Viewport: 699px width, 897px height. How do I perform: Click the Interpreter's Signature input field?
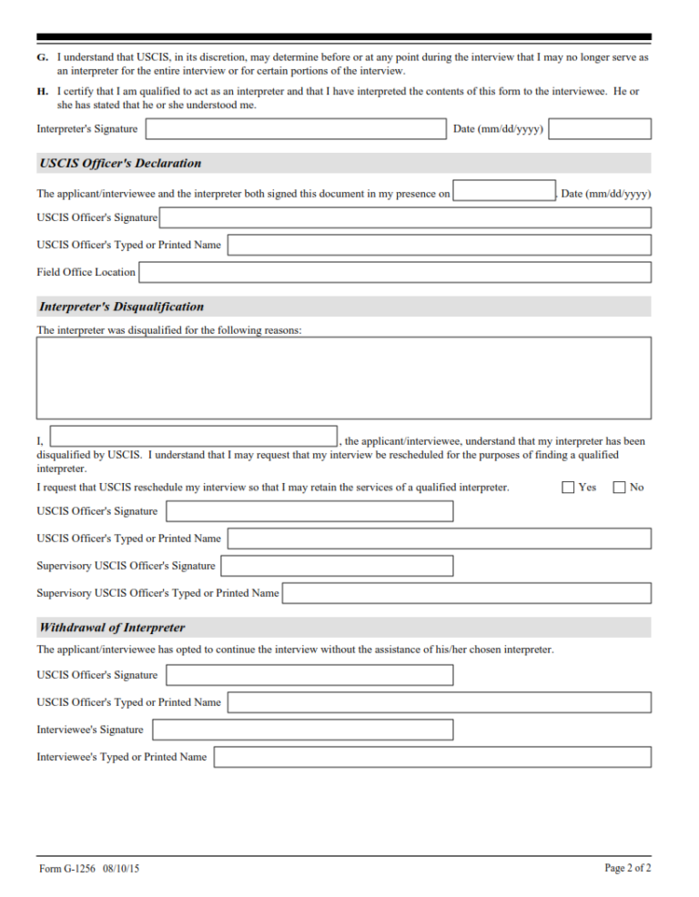click(x=295, y=129)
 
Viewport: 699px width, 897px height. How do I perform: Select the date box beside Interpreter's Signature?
click(x=600, y=129)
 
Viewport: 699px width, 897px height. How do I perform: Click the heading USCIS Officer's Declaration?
click(x=120, y=164)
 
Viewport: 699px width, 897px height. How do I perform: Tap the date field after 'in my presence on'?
click(x=503, y=192)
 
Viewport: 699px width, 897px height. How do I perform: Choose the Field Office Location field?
click(x=395, y=272)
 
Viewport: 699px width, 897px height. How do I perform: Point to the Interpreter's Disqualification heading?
click(x=122, y=307)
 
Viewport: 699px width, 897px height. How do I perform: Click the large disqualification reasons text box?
click(x=343, y=378)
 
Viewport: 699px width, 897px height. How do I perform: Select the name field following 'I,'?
click(x=194, y=437)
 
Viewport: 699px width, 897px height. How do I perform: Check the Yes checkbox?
click(x=568, y=488)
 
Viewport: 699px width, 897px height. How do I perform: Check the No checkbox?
click(x=620, y=488)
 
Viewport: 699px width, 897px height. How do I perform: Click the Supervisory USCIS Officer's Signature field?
click(x=337, y=566)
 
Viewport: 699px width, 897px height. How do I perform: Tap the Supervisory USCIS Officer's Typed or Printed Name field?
click(x=467, y=593)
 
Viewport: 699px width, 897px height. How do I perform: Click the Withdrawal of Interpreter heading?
click(x=112, y=628)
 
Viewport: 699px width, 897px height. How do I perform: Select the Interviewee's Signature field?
click(x=303, y=730)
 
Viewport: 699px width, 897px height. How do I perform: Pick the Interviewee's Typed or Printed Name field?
click(x=432, y=757)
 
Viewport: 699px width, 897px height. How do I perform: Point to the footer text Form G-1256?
click(x=89, y=870)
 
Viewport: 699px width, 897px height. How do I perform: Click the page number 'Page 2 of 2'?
click(x=628, y=869)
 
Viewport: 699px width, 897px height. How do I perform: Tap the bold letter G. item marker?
click(x=42, y=57)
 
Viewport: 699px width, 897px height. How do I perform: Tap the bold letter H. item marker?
click(x=42, y=92)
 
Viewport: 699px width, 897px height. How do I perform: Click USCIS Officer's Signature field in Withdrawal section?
click(x=309, y=675)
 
